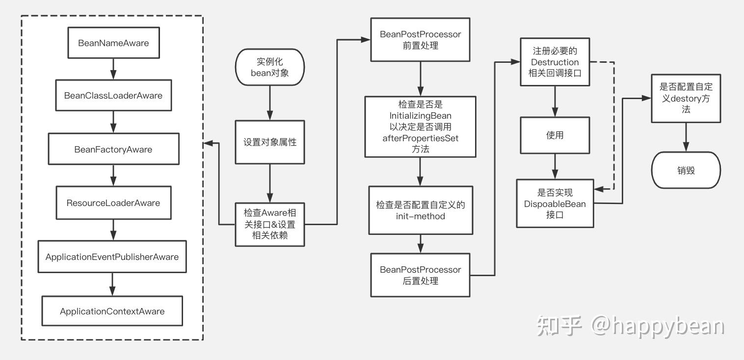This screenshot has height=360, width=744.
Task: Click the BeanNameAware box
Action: (x=113, y=43)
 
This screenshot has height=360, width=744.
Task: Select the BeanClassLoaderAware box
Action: (x=113, y=95)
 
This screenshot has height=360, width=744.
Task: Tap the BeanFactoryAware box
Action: (x=113, y=149)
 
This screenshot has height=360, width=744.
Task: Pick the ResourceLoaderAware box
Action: (x=113, y=203)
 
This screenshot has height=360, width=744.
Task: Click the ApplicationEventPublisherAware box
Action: (x=112, y=257)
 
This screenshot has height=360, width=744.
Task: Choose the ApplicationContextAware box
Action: (x=112, y=311)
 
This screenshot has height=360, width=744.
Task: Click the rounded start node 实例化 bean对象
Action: (x=270, y=67)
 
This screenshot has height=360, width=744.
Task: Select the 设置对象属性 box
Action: (x=270, y=142)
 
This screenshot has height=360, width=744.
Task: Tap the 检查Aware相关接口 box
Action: (x=270, y=224)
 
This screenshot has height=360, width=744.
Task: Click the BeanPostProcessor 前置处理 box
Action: (x=420, y=40)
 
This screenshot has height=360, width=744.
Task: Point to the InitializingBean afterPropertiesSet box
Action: (x=420, y=127)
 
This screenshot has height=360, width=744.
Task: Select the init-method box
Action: (x=420, y=210)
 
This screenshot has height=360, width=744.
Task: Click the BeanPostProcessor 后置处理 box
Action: (x=420, y=275)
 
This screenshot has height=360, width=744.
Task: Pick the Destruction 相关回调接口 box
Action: (x=555, y=62)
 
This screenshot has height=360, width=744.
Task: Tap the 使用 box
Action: (x=555, y=135)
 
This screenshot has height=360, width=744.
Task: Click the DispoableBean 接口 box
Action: (x=555, y=203)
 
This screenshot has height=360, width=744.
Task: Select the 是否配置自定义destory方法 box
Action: (x=686, y=98)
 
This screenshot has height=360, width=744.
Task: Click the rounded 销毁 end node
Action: (x=686, y=170)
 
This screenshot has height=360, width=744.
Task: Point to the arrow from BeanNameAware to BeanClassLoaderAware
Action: (x=113, y=69)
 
